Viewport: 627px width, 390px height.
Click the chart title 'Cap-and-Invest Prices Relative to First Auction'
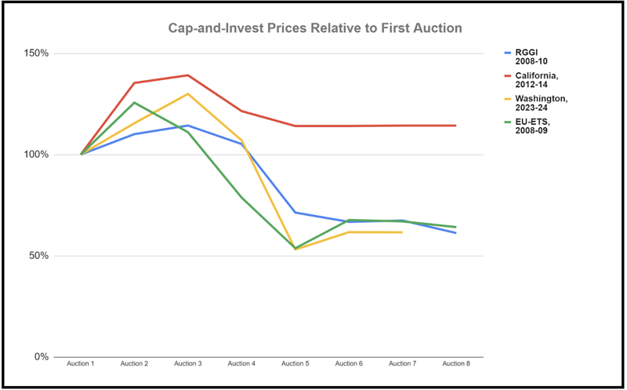[315, 28]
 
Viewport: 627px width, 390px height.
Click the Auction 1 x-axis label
[81, 364]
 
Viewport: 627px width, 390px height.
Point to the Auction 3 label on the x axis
[188, 364]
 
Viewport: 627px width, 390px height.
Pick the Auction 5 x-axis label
[295, 364]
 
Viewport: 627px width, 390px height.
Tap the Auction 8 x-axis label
[456, 364]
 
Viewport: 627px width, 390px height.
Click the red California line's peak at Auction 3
[188, 75]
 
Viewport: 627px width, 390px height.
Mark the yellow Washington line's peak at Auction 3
[188, 94]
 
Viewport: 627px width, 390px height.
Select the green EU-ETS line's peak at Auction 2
[135, 103]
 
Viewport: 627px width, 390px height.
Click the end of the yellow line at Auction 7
[402, 232]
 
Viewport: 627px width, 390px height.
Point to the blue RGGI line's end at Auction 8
[456, 233]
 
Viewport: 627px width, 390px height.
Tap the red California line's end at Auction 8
[456, 126]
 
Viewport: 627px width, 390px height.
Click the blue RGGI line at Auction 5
[295, 213]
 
